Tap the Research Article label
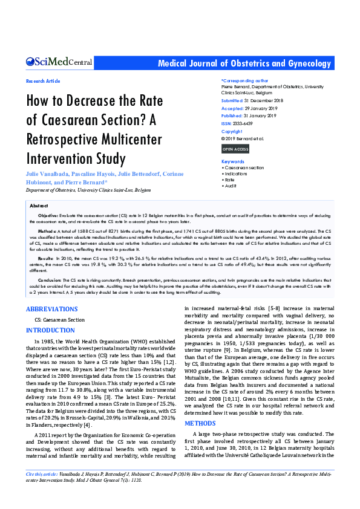[43, 81]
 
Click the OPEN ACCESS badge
[235, 149]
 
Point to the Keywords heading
[233, 161]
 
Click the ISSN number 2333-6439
[245, 123]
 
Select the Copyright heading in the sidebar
[232, 131]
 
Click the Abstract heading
[39, 206]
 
